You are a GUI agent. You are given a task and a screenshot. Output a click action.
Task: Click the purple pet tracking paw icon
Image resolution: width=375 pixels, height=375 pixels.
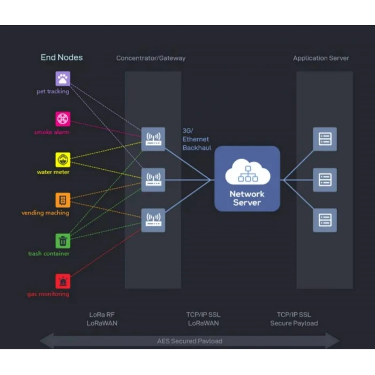(x=63, y=79)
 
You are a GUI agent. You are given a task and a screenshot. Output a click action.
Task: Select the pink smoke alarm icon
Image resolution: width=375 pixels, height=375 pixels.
(x=63, y=119)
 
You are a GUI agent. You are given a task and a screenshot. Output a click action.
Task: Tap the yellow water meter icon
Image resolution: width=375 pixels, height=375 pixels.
(x=63, y=160)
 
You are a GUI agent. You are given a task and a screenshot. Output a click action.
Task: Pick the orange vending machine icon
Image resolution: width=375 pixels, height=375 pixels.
(x=63, y=200)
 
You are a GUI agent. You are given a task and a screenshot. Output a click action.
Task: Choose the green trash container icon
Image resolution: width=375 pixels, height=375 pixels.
(x=63, y=241)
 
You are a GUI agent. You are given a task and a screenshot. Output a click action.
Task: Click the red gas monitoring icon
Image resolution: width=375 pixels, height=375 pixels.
(x=63, y=281)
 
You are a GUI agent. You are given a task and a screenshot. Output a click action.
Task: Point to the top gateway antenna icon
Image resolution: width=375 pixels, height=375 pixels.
(x=153, y=139)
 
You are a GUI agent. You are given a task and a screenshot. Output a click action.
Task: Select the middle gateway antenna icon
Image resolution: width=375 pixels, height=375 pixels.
(x=153, y=179)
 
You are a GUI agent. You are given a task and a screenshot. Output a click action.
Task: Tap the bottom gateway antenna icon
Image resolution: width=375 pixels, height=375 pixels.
(x=153, y=220)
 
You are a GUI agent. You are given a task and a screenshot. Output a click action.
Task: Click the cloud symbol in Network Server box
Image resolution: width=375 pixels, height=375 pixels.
(x=247, y=172)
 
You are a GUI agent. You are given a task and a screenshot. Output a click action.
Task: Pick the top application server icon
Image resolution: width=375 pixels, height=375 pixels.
(x=325, y=139)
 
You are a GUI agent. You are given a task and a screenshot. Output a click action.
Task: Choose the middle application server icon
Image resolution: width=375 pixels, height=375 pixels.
(x=325, y=179)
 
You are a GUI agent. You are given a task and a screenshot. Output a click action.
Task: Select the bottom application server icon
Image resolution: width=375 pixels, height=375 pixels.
(x=325, y=220)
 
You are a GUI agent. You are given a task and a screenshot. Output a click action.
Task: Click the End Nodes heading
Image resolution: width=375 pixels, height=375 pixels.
(x=62, y=57)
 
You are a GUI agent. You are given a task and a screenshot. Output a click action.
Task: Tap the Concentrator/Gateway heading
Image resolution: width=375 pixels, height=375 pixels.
(x=151, y=58)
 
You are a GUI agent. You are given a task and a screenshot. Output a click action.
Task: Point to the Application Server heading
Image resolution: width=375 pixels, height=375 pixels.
(x=321, y=58)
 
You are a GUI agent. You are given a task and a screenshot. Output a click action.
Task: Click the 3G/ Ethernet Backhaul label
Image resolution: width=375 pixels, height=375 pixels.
(x=196, y=139)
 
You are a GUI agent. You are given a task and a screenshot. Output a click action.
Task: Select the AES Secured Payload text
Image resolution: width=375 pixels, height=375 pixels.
(x=190, y=341)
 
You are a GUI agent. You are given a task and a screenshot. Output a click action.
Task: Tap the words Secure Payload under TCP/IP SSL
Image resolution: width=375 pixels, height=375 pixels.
(x=294, y=323)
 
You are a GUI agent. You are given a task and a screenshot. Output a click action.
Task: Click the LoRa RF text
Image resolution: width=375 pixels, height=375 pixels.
(x=102, y=314)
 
